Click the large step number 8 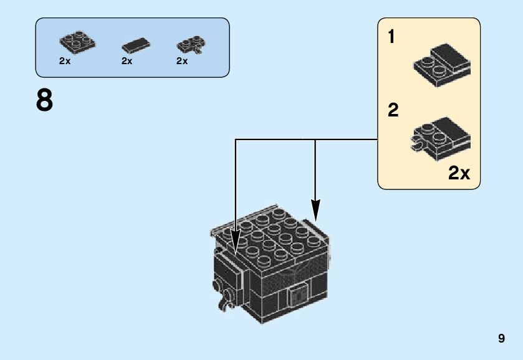(x=44, y=101)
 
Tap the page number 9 (x=502, y=339)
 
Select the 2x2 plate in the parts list (x=78, y=42)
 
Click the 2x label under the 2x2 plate (x=65, y=61)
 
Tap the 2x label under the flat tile (x=127, y=61)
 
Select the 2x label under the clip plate (x=182, y=61)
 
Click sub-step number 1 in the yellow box (x=391, y=37)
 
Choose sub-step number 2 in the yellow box (x=393, y=111)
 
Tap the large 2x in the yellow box (x=459, y=173)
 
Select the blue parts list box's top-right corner (x=228, y=19)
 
